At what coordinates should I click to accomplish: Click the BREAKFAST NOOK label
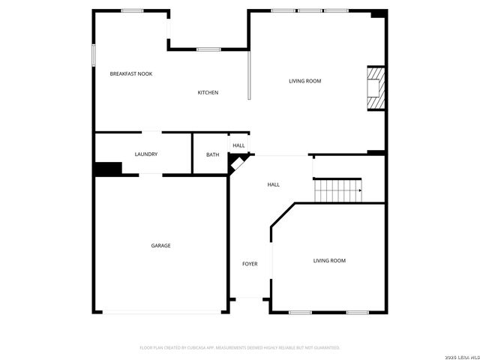[131, 73]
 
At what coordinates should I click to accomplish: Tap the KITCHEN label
[208, 92]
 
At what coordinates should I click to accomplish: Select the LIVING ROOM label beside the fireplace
[305, 81]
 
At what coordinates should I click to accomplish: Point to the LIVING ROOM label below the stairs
[329, 260]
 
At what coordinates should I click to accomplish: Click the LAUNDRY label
[145, 154]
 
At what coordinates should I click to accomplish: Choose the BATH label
[213, 154]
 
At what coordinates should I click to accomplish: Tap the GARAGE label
[160, 245]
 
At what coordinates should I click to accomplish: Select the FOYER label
[250, 264]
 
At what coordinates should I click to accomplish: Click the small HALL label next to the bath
[238, 145]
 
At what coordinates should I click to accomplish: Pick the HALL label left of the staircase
[274, 184]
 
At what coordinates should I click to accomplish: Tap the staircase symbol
[337, 190]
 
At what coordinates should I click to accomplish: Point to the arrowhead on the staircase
[360, 190]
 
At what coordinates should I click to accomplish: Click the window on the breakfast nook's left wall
[94, 55]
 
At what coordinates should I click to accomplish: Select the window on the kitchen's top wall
[208, 49]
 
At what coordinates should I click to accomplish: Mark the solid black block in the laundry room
[108, 169]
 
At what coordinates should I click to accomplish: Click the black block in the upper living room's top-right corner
[379, 13]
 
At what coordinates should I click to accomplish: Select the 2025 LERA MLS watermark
[458, 355]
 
